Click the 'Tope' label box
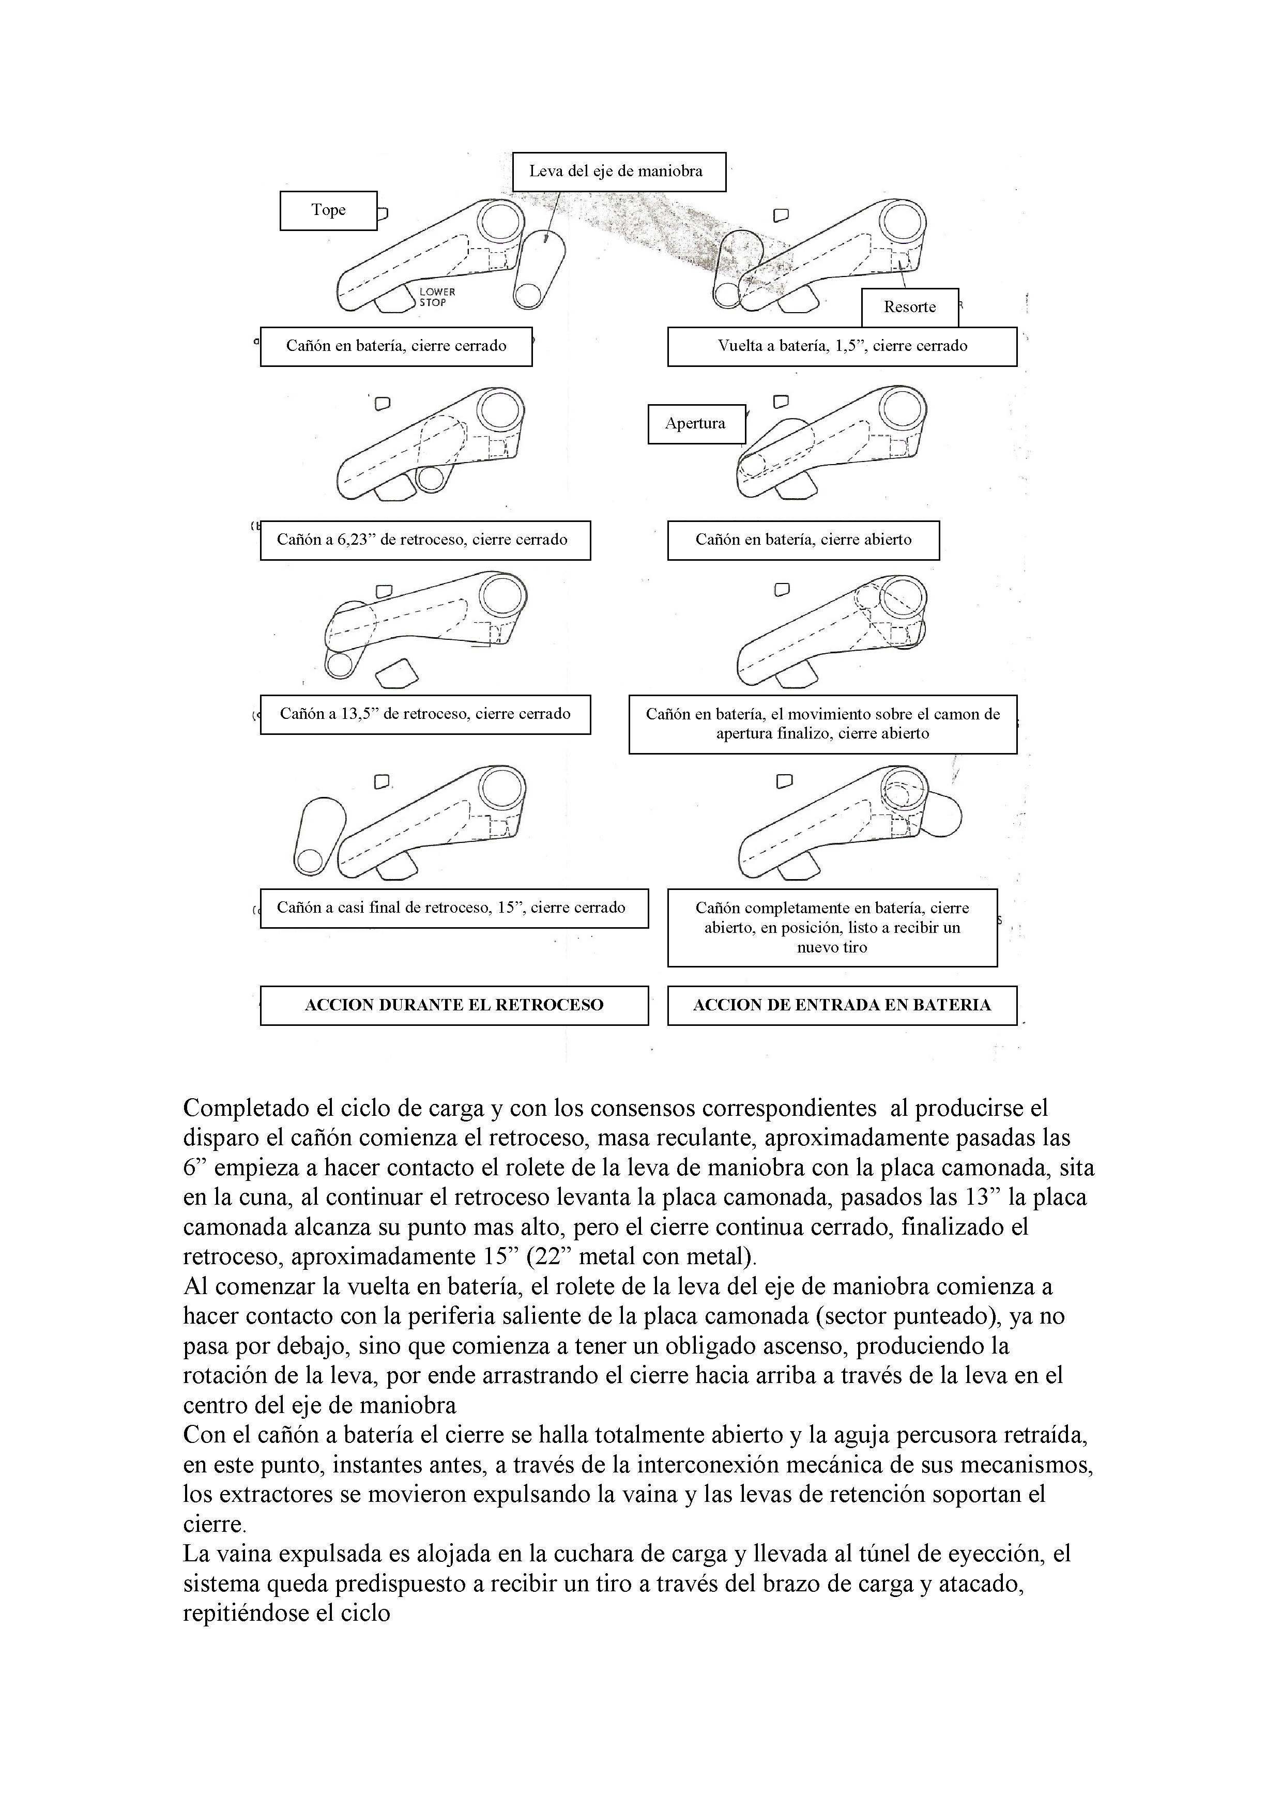(x=329, y=210)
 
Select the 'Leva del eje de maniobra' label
(x=618, y=172)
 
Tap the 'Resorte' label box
(x=909, y=307)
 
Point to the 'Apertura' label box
(x=695, y=423)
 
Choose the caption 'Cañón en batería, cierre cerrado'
(x=396, y=346)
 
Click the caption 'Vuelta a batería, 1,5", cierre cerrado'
(x=842, y=346)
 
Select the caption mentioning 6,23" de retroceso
(x=425, y=540)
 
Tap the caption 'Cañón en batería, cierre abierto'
(x=803, y=540)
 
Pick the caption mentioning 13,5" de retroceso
(x=425, y=714)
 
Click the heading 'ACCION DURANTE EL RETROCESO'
(x=454, y=1005)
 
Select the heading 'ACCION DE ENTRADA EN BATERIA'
(x=842, y=1005)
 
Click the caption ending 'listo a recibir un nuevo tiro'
(x=832, y=928)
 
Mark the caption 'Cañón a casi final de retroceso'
(x=454, y=908)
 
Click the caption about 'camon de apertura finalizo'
(x=822, y=724)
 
